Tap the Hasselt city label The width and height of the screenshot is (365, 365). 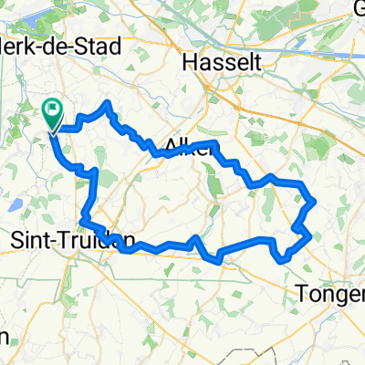click(x=216, y=62)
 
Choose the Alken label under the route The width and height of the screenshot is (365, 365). click(x=190, y=149)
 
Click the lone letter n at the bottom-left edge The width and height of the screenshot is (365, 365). click(x=5, y=336)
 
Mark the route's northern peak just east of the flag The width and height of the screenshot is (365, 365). click(x=109, y=104)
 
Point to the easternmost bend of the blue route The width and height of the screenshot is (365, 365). click(x=314, y=199)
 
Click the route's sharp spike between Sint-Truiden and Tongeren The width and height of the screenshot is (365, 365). click(x=195, y=238)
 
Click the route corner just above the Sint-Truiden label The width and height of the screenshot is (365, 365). click(x=83, y=220)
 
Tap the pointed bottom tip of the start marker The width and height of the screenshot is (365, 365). click(x=53, y=130)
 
